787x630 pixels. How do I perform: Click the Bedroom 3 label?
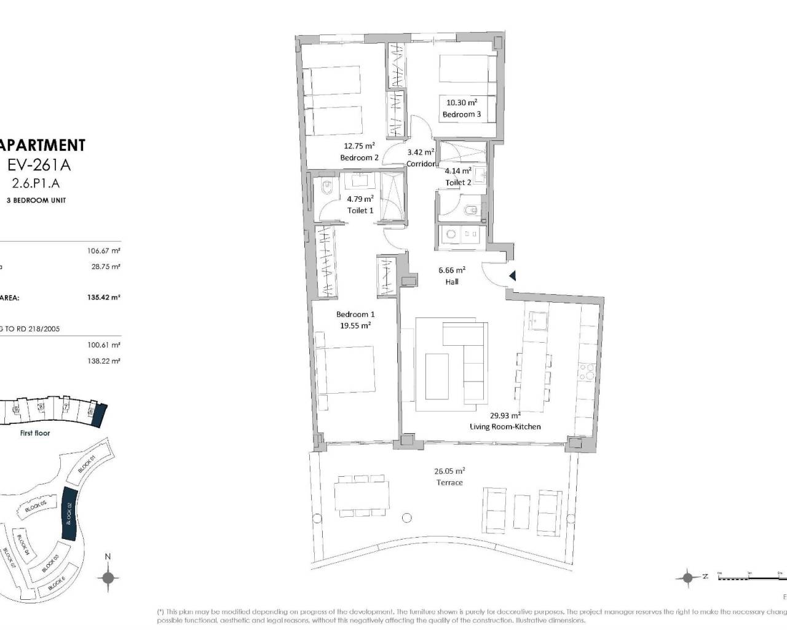tap(461, 114)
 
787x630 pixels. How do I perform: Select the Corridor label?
tap(421, 164)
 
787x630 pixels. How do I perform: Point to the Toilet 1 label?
tap(360, 210)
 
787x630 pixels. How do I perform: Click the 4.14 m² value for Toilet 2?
tap(459, 170)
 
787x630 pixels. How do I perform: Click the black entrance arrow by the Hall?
tap(512, 276)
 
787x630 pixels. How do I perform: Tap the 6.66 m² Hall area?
tap(452, 269)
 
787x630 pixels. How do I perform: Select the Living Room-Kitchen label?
tap(505, 426)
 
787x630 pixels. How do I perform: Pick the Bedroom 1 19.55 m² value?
tap(355, 326)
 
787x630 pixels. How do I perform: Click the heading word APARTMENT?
tap(42, 145)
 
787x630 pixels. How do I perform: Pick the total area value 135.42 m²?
tap(103, 297)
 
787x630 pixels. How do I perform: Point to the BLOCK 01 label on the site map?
tap(87, 465)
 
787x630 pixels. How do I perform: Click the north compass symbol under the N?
tap(108, 577)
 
